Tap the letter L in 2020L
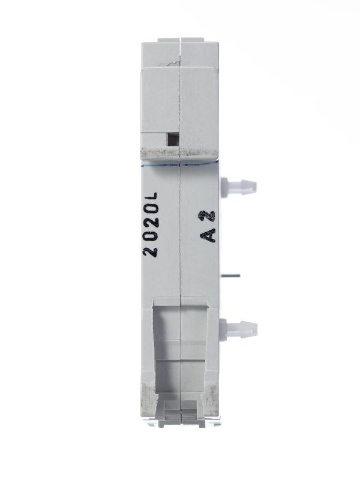152,196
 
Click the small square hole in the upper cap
172,139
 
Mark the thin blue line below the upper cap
180,163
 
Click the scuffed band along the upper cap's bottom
180,152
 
